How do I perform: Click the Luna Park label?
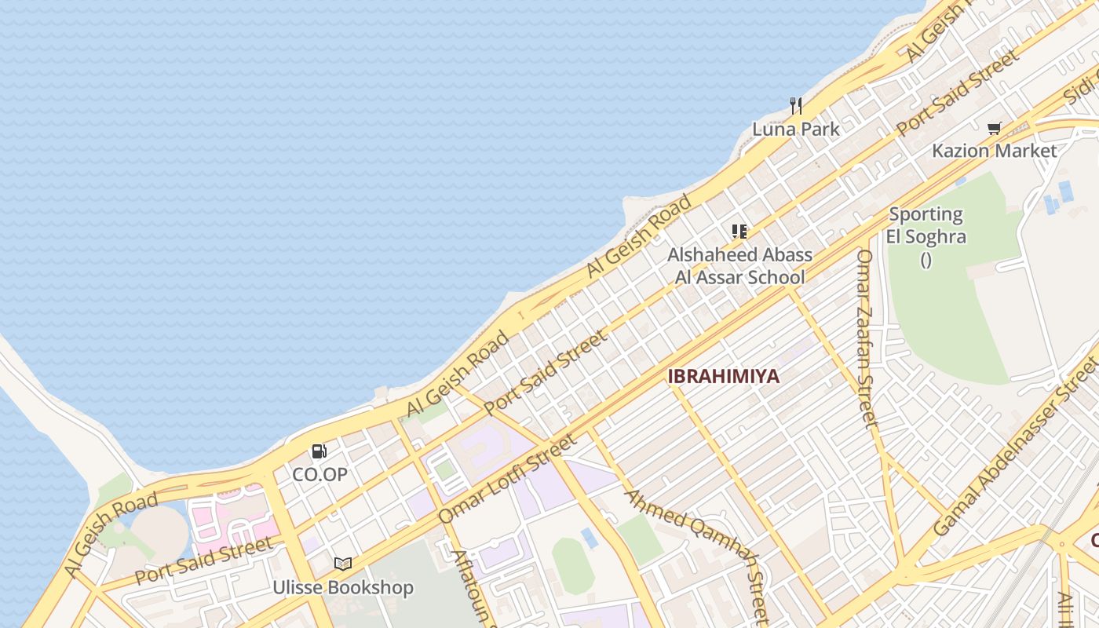[x=796, y=129]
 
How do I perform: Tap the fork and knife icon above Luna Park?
[x=796, y=105]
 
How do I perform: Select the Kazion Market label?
[x=994, y=150]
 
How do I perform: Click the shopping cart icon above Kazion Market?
[x=995, y=128]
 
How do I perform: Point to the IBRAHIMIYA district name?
[x=724, y=376]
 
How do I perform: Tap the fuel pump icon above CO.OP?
[x=319, y=451]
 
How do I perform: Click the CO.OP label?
[x=319, y=474]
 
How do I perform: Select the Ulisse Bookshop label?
[x=343, y=587]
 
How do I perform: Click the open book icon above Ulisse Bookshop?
[x=343, y=564]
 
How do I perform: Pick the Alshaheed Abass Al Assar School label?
[x=739, y=266]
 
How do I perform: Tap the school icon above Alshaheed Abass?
[x=739, y=232]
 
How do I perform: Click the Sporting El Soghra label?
[x=926, y=225]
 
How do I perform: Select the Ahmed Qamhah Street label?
[x=697, y=556]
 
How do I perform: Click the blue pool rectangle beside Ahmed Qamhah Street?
[x=589, y=538]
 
